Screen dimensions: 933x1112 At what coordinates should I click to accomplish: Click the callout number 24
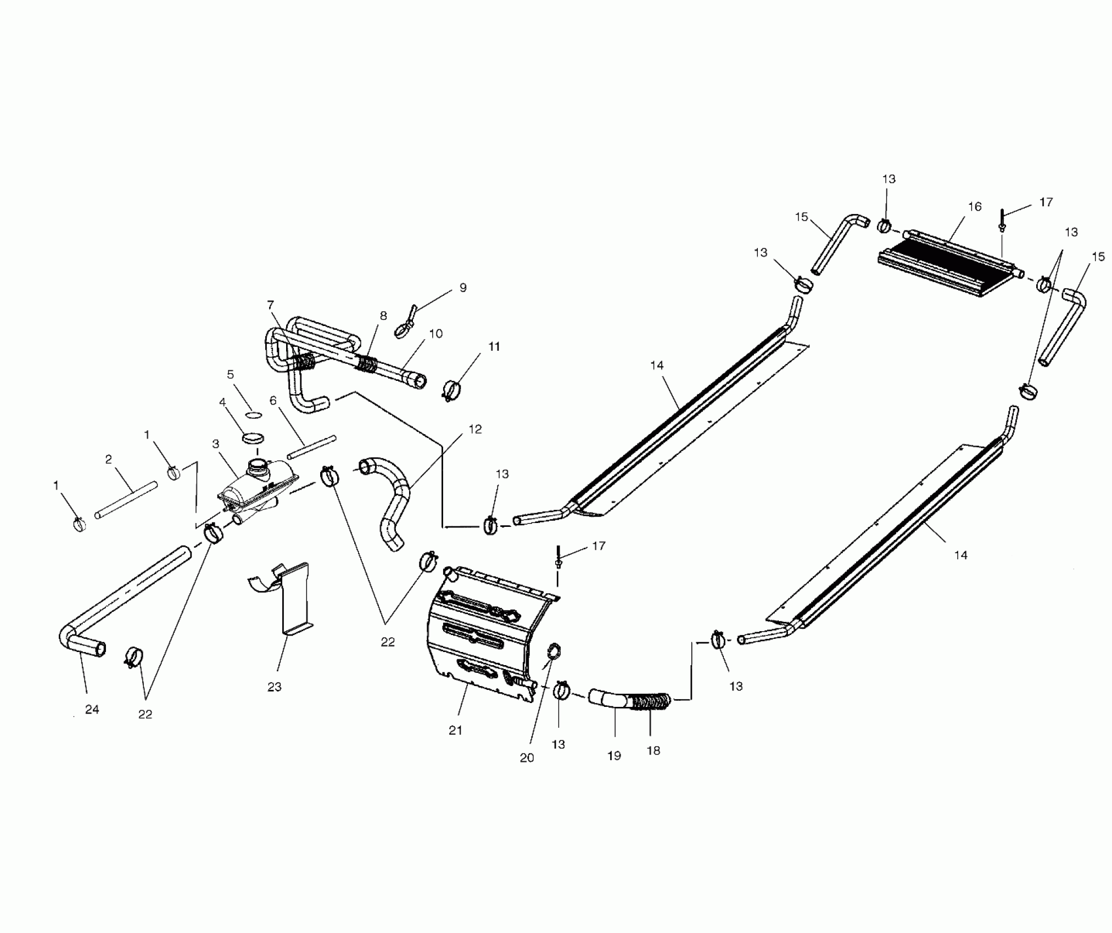click(x=92, y=709)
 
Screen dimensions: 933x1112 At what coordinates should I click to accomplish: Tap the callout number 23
click(x=274, y=687)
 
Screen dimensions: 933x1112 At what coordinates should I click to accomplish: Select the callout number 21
click(x=455, y=730)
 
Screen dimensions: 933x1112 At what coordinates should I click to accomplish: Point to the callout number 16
click(x=975, y=206)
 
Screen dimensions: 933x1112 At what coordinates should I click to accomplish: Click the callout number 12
click(x=475, y=429)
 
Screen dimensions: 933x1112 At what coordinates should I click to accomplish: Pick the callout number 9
click(x=463, y=288)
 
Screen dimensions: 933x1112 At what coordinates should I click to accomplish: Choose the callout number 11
click(x=494, y=346)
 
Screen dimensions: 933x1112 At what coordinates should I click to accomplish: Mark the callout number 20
click(x=527, y=758)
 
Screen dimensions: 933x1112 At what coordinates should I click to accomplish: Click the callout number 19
click(x=614, y=756)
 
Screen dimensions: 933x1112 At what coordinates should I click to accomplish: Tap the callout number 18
click(x=653, y=751)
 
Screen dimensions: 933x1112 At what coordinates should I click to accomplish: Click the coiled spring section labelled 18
click(x=651, y=702)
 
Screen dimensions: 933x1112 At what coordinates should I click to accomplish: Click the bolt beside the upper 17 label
click(x=1002, y=220)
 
